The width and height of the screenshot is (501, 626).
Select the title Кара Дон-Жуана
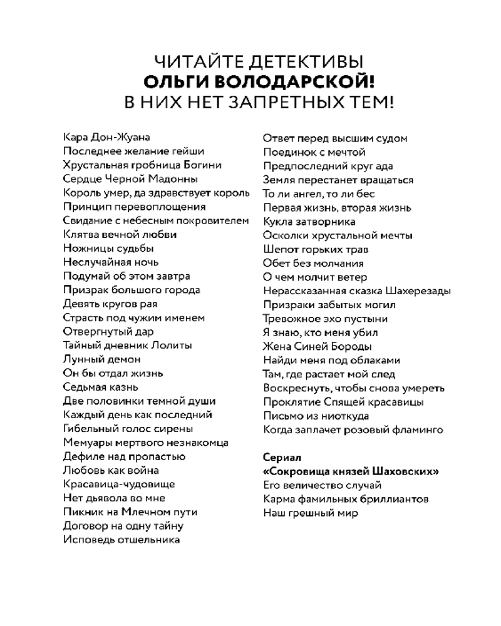[106, 138]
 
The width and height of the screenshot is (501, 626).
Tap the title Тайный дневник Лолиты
[128, 346]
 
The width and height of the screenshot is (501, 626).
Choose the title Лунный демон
[102, 359]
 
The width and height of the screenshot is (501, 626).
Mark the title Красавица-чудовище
[119, 484]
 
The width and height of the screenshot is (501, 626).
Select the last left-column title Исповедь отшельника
[121, 539]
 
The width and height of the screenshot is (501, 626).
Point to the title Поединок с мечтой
[314, 152]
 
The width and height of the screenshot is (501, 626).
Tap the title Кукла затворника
[309, 222]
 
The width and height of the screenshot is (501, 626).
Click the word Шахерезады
[419, 291]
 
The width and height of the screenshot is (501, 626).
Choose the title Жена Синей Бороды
[318, 346]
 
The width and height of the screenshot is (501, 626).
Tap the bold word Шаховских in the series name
[410, 471]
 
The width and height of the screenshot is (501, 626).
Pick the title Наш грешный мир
[311, 513]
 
